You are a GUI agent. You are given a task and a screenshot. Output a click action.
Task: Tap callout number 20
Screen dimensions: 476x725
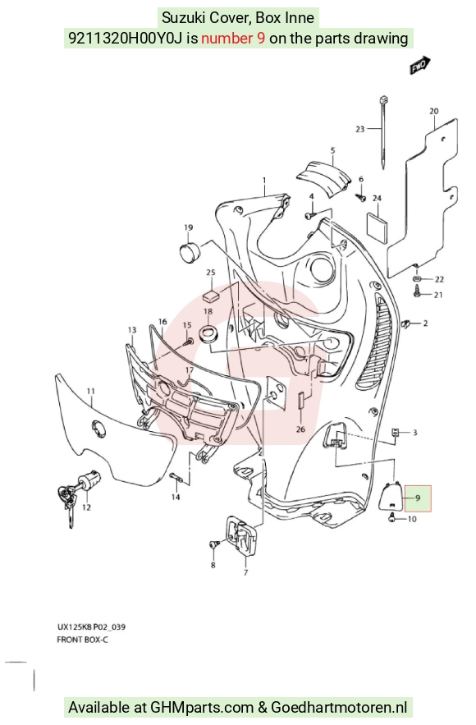[433, 111]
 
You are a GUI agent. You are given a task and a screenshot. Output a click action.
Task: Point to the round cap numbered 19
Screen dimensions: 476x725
[189, 252]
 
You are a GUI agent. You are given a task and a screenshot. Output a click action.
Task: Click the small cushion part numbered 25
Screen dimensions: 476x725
[211, 296]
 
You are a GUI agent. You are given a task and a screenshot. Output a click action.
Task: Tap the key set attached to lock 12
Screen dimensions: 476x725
[67, 502]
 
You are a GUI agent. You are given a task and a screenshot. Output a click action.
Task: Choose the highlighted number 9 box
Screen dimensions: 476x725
[418, 498]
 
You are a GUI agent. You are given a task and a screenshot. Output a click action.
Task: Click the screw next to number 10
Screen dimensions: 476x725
[392, 518]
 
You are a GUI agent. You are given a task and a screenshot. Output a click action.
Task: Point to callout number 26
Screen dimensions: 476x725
[300, 429]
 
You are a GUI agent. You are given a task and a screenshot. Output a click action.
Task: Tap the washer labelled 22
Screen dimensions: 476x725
[416, 279]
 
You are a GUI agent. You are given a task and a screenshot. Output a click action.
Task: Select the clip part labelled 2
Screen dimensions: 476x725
[407, 324]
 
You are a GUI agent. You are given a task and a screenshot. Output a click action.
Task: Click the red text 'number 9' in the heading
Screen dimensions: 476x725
[233, 38]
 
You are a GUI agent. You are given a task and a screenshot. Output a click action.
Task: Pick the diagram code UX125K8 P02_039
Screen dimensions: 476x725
[91, 627]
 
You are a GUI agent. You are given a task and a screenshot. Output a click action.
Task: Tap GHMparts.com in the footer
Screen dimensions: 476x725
[202, 708]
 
